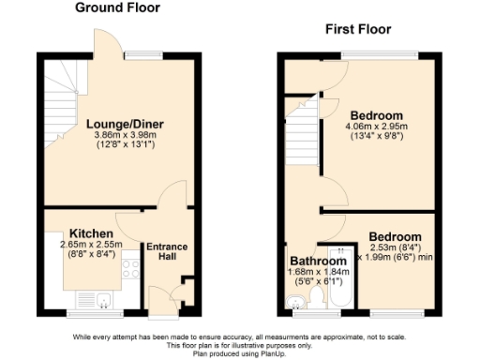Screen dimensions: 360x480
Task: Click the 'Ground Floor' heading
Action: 117,7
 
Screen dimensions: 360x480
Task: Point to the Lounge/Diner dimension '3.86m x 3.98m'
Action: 117,134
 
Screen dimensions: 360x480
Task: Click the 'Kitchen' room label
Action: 92,232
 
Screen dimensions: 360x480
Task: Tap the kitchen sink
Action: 104,300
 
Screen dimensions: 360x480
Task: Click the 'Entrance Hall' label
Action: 166,252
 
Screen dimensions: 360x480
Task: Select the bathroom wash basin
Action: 295,302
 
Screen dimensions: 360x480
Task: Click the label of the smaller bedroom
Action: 394,236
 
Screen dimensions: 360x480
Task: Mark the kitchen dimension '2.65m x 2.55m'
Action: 92,244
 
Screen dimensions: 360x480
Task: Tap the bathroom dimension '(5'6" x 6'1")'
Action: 316,281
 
